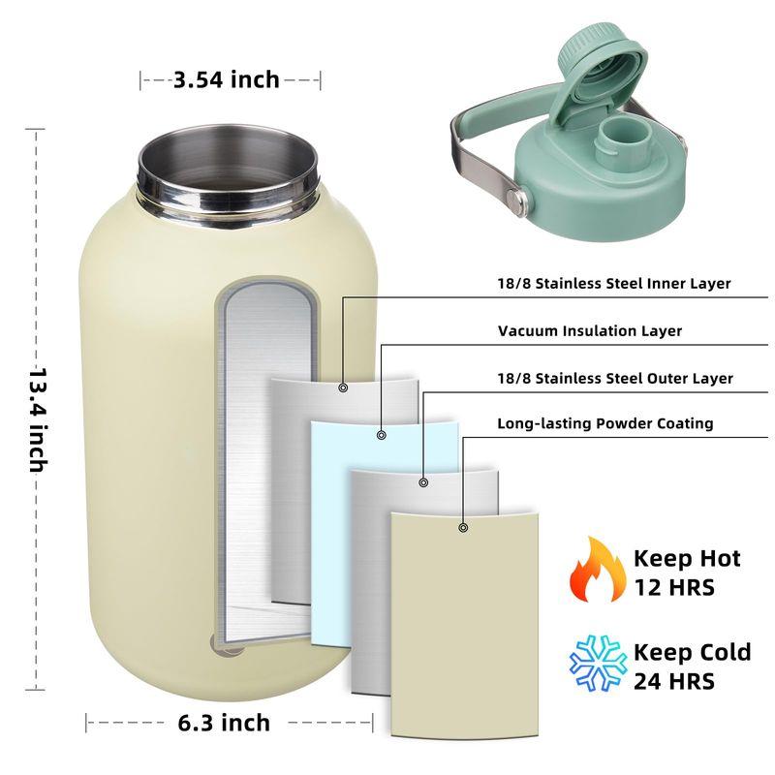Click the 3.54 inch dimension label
tap(227, 79)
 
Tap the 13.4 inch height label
tap(38, 419)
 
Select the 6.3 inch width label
tap(224, 723)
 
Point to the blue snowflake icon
tap(598, 663)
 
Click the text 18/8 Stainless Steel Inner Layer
tap(614, 284)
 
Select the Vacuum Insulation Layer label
tap(590, 330)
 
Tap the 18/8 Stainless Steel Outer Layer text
tap(615, 379)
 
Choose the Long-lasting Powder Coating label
tap(604, 423)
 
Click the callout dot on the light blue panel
tap(381, 435)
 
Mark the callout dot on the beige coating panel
tap(463, 528)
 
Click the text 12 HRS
tap(674, 588)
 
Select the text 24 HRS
tap(674, 682)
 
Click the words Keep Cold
tap(692, 652)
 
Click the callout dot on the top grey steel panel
tap(344, 388)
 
